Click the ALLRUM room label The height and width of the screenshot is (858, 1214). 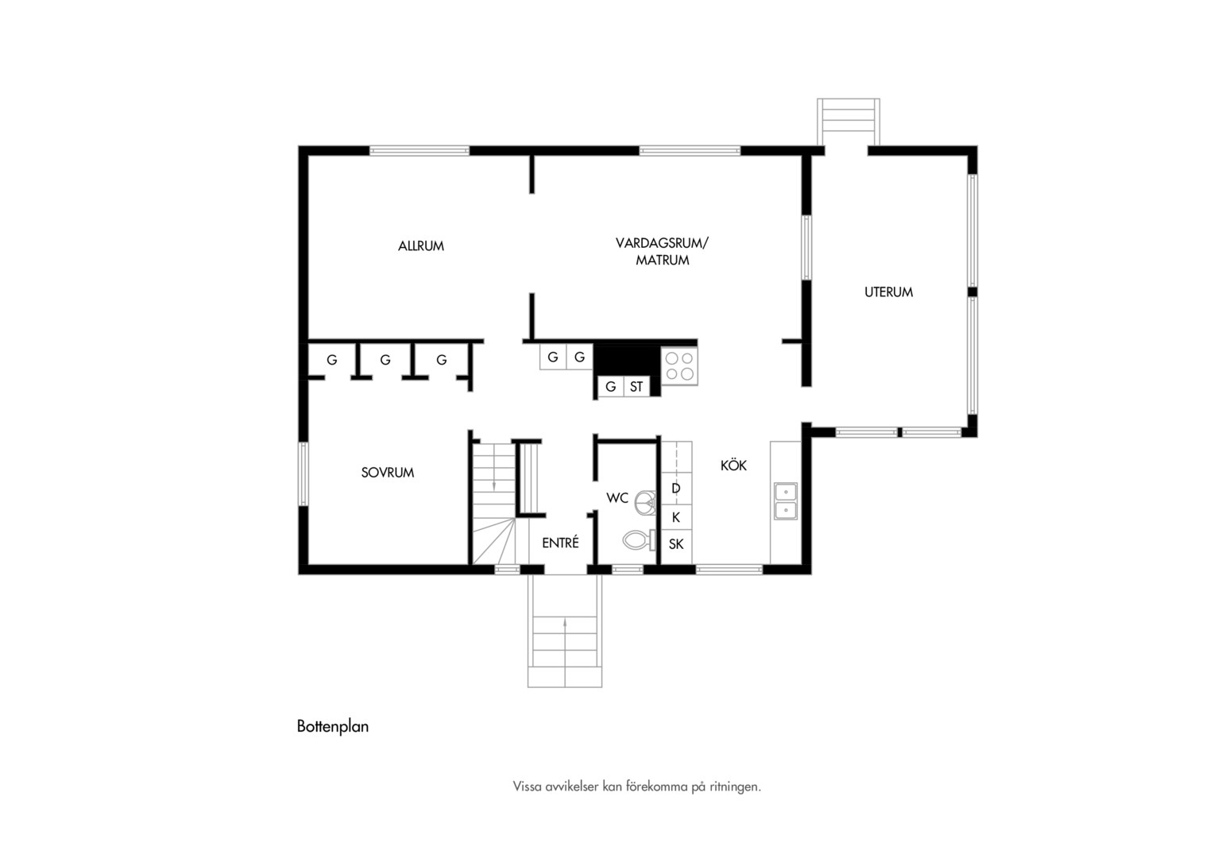420,246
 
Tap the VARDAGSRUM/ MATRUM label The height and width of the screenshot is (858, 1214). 662,252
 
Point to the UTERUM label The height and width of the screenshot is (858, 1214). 888,292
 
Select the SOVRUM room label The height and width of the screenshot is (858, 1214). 388,473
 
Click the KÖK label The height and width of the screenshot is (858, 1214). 733,465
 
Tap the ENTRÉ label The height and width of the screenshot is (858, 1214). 560,543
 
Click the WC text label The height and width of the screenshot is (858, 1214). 617,498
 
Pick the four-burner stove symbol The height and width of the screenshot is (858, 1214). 679,366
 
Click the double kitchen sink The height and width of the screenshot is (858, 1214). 785,501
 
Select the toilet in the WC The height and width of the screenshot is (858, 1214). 639,540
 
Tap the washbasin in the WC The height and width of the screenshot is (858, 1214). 645,502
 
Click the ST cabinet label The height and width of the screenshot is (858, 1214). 636,387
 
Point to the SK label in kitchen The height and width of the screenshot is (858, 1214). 676,544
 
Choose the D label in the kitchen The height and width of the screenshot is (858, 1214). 676,489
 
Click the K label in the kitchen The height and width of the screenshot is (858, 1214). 676,518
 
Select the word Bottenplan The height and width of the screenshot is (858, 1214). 333,726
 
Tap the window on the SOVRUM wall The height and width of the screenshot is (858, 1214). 303,474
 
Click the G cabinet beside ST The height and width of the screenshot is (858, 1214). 611,387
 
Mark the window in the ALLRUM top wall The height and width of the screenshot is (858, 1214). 419,151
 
